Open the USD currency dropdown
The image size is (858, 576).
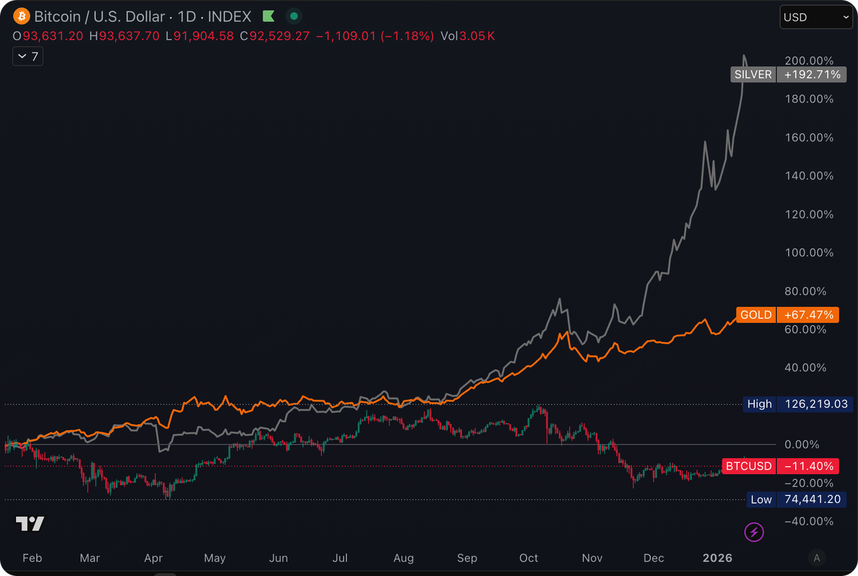[815, 17]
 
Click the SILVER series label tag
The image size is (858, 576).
[753, 74]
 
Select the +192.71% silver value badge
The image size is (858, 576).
[808, 74]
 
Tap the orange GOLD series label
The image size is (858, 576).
[755, 315]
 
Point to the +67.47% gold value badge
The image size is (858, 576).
[808, 315]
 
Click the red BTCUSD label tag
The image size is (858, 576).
[749, 466]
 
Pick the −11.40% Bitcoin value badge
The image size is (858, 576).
[808, 466]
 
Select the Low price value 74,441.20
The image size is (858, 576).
[815, 500]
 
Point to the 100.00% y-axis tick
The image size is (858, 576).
[808, 253]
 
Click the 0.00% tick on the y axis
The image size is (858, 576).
[802, 444]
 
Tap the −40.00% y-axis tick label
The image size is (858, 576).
[808, 521]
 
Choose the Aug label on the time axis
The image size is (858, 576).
[404, 558]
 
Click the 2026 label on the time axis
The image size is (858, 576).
[718, 558]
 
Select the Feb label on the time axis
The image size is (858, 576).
[32, 558]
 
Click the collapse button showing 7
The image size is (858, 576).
[28, 56]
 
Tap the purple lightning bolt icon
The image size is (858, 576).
[755, 532]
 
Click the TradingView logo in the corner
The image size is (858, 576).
[30, 524]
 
